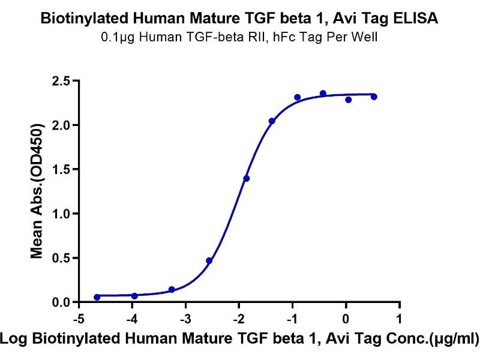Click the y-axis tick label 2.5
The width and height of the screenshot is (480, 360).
pos(61,80)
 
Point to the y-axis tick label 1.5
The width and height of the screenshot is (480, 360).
pos(61,169)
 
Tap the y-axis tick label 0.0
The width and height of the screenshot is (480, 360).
pos(61,302)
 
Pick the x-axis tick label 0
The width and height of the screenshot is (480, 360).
pos(346,317)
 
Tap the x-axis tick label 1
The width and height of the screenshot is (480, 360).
pos(399,317)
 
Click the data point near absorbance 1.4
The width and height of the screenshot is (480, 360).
pos(247,178)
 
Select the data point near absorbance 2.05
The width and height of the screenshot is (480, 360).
pos(272,121)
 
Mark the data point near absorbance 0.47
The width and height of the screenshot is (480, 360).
pos(209,260)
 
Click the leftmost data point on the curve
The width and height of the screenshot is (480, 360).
pos(97,297)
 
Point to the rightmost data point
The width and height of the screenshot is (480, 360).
pos(374,97)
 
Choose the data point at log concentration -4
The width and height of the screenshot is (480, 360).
pos(134,296)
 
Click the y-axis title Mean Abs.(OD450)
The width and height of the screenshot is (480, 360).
pos(37,191)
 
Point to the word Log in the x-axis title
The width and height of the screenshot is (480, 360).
pos(13,340)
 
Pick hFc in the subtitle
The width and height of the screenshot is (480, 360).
pos(294,37)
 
